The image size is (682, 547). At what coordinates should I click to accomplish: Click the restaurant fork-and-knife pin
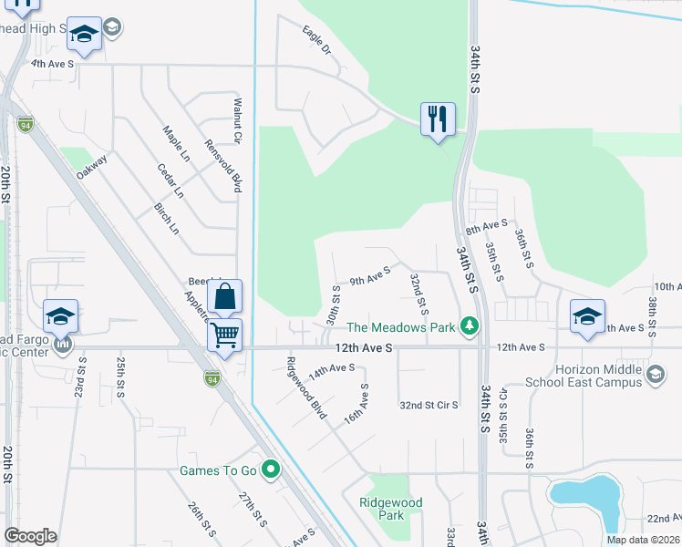[438, 119]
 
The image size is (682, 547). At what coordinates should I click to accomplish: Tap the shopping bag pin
[224, 296]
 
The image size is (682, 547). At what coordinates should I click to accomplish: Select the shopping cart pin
[224, 334]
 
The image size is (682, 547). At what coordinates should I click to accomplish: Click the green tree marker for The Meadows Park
[470, 325]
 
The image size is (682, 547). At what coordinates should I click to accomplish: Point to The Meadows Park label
[400, 327]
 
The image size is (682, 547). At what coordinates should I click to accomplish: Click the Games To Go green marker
[270, 470]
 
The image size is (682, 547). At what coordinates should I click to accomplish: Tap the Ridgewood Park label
[390, 509]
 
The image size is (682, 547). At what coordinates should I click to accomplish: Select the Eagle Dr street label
[316, 41]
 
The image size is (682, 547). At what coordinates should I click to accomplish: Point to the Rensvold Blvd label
[223, 166]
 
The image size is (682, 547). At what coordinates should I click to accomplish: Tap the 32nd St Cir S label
[428, 404]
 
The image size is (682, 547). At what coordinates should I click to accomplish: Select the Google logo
[30, 536]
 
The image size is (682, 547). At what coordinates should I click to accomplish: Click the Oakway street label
[92, 166]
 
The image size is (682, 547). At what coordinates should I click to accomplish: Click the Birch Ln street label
[167, 219]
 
